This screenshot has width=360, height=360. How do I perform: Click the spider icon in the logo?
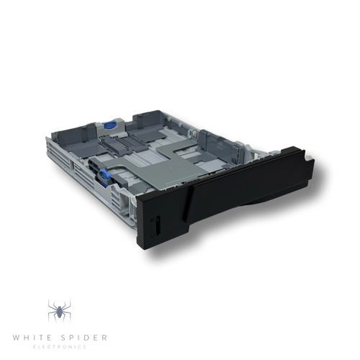coord(58,311)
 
